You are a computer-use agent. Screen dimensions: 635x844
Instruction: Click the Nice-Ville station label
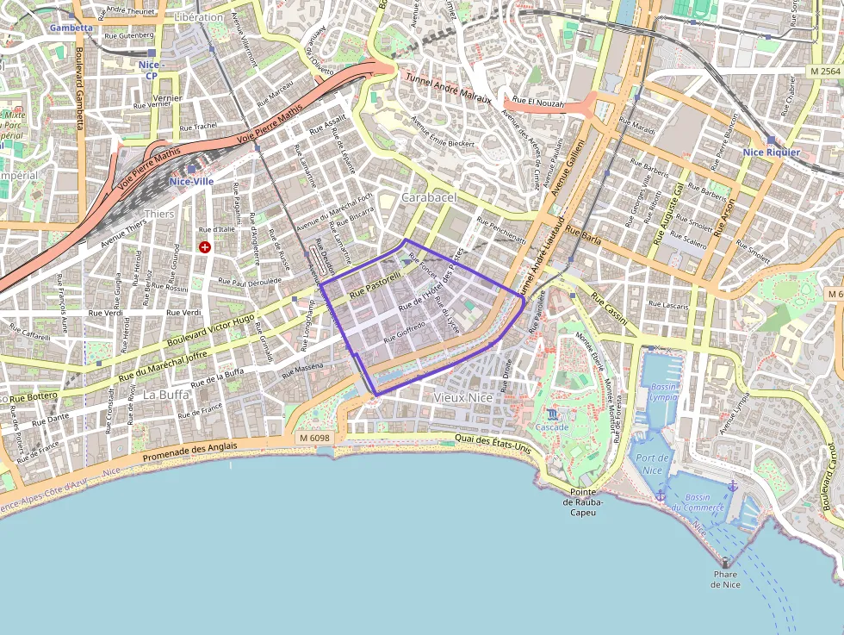[191, 182]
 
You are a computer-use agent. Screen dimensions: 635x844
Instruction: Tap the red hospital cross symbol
[205, 247]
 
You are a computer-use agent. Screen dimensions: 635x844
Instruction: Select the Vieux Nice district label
[463, 398]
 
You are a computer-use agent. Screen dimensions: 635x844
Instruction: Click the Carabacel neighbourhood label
[429, 197]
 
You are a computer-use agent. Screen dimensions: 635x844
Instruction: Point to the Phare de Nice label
[725, 579]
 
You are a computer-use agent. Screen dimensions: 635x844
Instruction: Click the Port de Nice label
[653, 464]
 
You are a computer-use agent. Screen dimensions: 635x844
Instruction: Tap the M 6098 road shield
[314, 439]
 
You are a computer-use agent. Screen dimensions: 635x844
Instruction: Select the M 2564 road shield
[825, 71]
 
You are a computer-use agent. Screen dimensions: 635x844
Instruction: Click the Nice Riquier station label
[771, 153]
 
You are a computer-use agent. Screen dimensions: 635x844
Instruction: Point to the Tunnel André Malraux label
[448, 88]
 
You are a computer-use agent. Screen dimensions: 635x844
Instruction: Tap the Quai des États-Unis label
[493, 445]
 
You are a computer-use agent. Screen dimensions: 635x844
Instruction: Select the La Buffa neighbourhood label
[165, 395]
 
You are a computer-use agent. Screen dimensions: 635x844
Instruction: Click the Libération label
[198, 17]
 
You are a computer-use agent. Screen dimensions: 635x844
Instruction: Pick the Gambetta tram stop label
[71, 28]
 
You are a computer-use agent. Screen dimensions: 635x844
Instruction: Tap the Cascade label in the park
[552, 427]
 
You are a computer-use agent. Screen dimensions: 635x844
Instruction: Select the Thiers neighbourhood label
[158, 214]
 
